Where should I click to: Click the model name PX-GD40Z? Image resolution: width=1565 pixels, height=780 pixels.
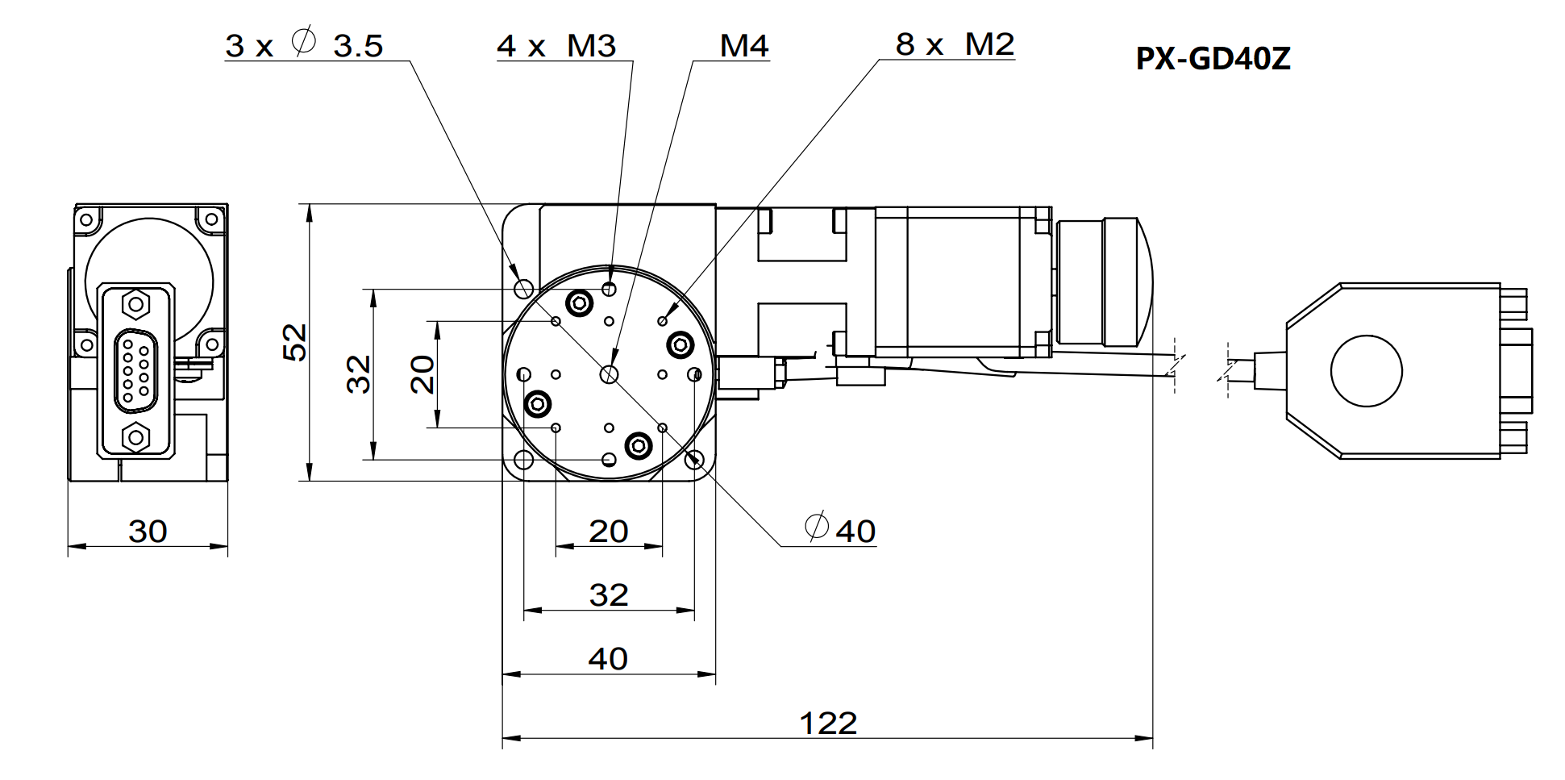point(1213,59)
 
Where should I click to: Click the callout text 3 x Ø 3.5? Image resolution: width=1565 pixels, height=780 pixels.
point(304,45)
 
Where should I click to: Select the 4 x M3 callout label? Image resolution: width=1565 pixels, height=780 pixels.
point(556,45)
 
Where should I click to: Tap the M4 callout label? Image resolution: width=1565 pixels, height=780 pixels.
point(743,45)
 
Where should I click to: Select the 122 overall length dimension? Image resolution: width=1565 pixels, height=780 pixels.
point(828,723)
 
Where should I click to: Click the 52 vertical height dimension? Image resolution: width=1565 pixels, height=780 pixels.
point(296,342)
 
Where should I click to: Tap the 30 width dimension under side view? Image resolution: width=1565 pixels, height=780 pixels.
point(148,531)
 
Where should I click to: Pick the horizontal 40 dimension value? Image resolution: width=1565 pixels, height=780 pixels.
point(608,659)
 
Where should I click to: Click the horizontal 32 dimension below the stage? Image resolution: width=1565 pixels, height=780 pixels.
point(608,595)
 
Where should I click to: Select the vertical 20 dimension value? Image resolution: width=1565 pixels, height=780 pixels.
point(422,374)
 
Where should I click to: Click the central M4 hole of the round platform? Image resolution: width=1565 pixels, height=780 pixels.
point(609,374)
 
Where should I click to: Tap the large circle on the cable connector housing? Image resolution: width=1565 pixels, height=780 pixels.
point(1366,372)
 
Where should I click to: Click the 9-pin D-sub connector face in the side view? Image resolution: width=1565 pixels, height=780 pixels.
point(135,369)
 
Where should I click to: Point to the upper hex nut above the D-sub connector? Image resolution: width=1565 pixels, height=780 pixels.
point(135,305)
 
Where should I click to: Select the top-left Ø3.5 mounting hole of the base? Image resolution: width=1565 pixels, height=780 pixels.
point(523,288)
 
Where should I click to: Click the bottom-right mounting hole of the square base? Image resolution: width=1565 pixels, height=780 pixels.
point(694,460)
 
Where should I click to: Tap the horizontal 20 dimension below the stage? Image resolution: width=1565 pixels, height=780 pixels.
point(608,531)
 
